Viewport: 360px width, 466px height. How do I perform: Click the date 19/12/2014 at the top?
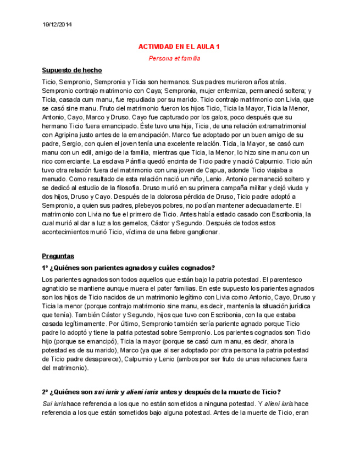pos(57,25)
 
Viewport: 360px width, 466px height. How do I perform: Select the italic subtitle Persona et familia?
pos(174,58)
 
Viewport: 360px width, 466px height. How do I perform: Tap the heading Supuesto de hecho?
pos(71,70)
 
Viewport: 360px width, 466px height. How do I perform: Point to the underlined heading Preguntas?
pos(58,256)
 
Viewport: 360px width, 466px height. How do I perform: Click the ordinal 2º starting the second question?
pos(46,392)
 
